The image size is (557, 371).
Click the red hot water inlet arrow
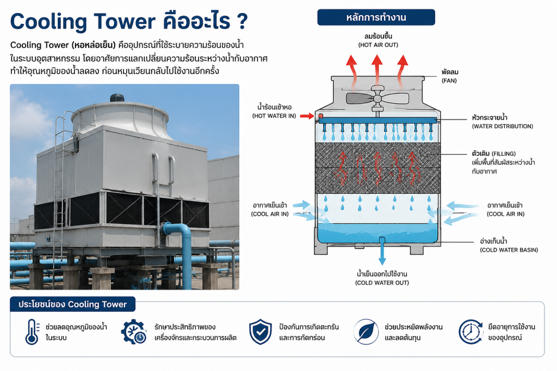[307, 116]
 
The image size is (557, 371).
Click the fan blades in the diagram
[377, 98]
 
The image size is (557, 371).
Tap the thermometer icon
[32, 332]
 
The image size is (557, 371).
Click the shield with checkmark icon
[261, 332]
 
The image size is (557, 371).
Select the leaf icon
[366, 332]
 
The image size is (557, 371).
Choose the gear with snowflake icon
[134, 332]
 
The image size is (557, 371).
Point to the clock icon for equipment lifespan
[471, 332]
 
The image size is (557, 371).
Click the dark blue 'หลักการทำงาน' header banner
[376, 17]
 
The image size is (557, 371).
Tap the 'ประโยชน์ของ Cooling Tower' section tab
[72, 304]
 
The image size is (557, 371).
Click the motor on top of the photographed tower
[116, 98]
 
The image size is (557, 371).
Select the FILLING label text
[504, 154]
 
